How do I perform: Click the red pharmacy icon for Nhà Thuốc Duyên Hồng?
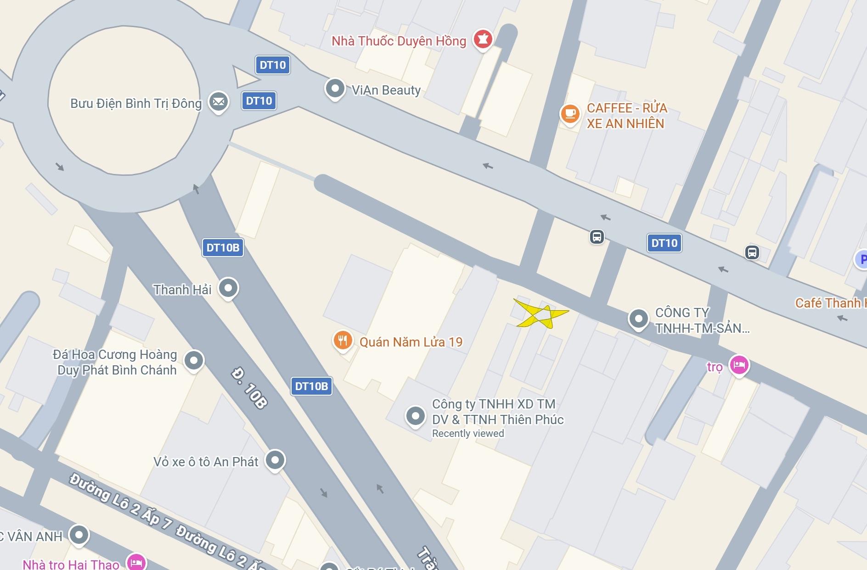tap(482, 39)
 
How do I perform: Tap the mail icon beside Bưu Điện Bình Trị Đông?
tap(219, 101)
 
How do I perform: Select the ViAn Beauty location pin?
tap(335, 88)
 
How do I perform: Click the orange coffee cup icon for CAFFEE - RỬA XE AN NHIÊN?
tap(570, 113)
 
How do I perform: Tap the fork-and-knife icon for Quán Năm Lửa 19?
tap(343, 341)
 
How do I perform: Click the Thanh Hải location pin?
tap(228, 288)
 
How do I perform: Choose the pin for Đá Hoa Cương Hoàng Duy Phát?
tap(194, 360)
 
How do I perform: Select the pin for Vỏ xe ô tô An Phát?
tap(275, 459)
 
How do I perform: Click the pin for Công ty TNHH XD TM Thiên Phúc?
tap(416, 416)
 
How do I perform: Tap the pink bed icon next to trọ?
tap(739, 365)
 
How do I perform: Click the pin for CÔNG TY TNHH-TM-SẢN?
tap(638, 318)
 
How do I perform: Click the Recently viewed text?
tap(468, 434)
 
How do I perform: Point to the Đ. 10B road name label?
tap(249, 388)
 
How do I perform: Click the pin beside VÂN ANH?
tap(79, 535)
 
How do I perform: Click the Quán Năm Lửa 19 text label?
tap(411, 342)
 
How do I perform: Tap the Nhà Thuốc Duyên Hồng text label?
tap(399, 41)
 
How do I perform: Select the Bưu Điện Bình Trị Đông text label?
tap(136, 103)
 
